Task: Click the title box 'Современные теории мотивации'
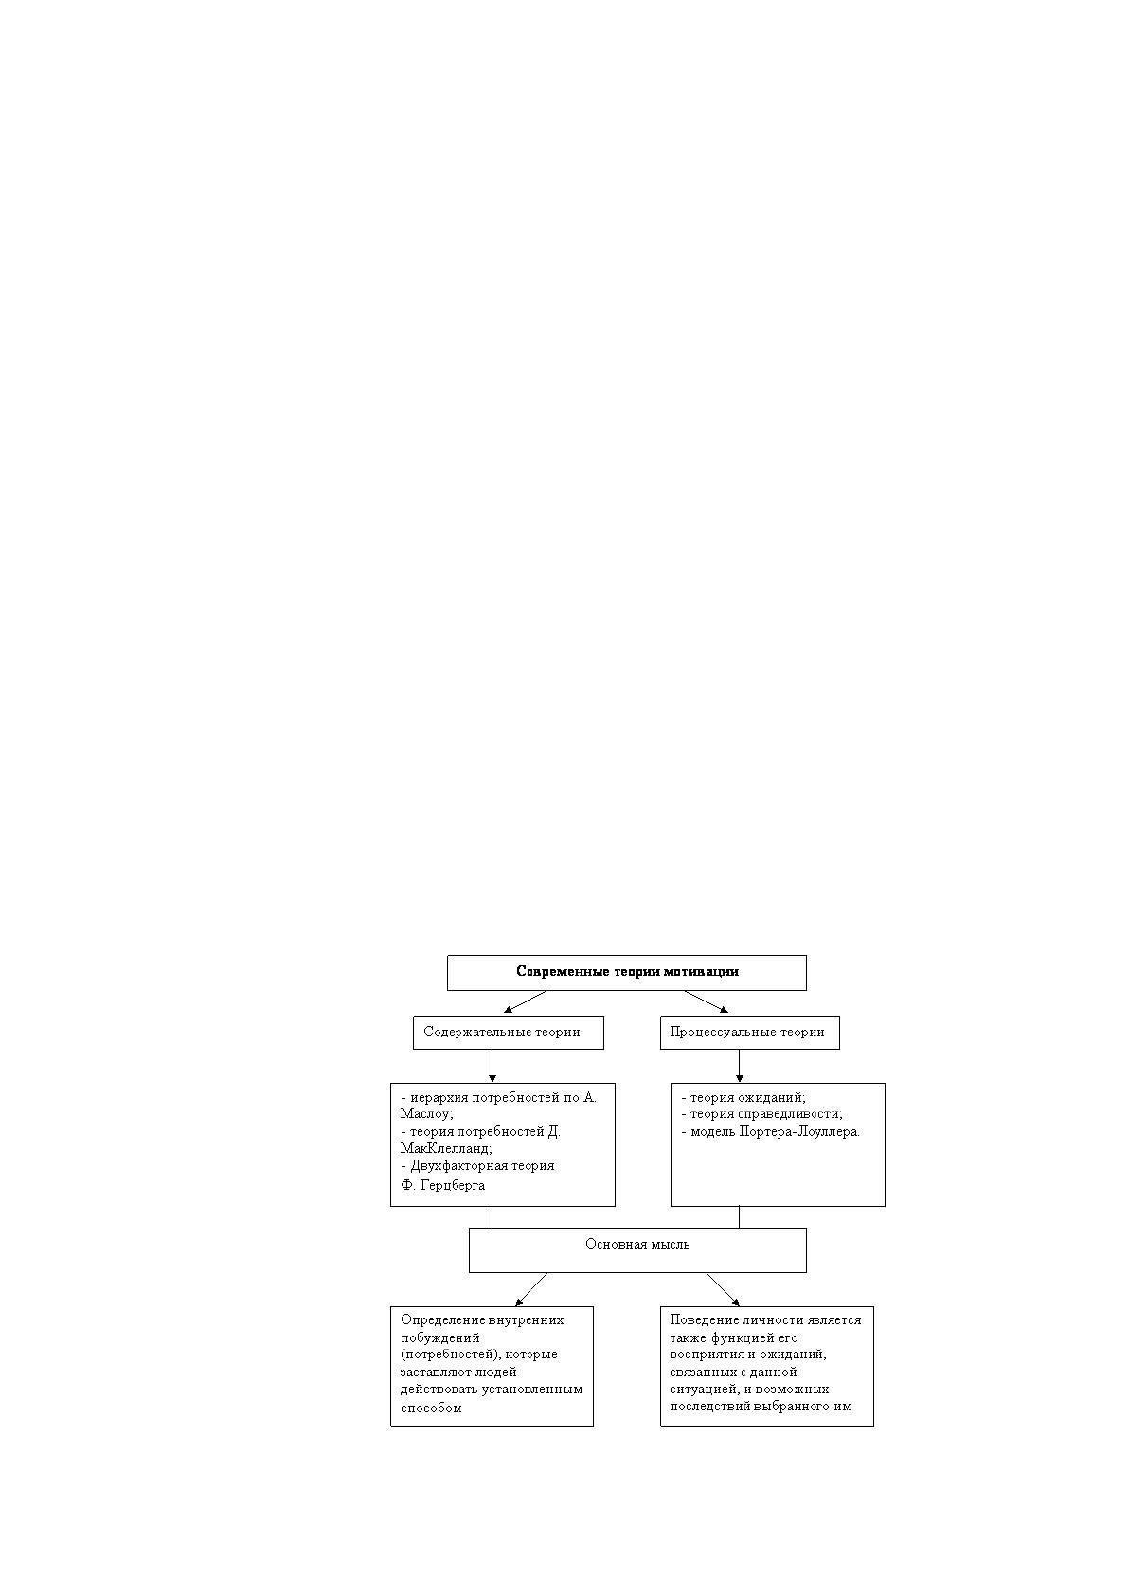pos(627,972)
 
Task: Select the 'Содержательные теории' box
pos(509,1032)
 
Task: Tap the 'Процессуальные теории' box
pos(750,1032)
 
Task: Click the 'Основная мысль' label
pos(637,1244)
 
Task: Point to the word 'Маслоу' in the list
pos(424,1114)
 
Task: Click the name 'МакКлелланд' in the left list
pos(444,1148)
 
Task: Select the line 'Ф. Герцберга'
pos(442,1185)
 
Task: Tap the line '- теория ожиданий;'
pos(743,1097)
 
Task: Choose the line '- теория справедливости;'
pos(762,1114)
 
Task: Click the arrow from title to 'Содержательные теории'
pos(525,1001)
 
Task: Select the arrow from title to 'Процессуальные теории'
pos(707,1001)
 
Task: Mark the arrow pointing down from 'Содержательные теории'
pos(492,1066)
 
